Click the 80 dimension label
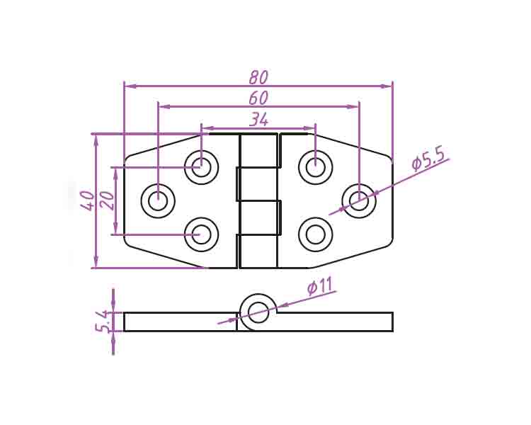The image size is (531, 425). pyautogui.click(x=258, y=76)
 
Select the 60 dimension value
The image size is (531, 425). pyautogui.click(x=258, y=98)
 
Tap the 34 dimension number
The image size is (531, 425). pyautogui.click(x=258, y=120)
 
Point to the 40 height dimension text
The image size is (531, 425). pyautogui.click(x=87, y=200)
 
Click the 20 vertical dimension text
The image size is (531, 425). pyautogui.click(x=107, y=200)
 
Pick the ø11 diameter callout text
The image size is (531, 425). pyautogui.click(x=319, y=287)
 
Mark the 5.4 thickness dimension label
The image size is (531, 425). pyautogui.click(x=103, y=322)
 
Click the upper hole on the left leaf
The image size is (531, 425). pyautogui.click(x=201, y=168)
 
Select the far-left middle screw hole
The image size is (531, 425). pyautogui.click(x=158, y=201)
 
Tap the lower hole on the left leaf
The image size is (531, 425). pyautogui.click(x=201, y=234)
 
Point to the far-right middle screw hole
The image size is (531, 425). pyautogui.click(x=359, y=201)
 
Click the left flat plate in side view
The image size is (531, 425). pyautogui.click(x=180, y=322)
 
